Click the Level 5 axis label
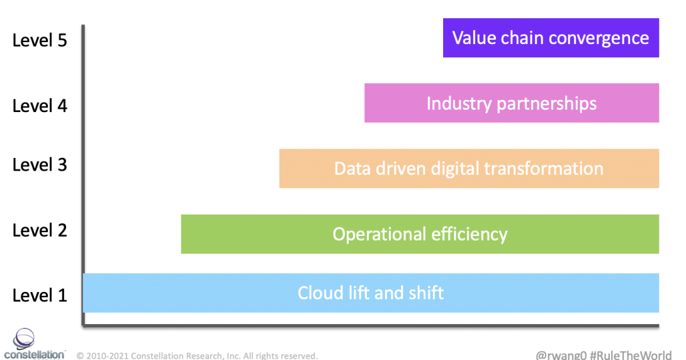(x=40, y=40)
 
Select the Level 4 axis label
(x=40, y=105)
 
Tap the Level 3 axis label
(x=40, y=165)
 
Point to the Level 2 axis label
(x=40, y=230)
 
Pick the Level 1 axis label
(x=40, y=295)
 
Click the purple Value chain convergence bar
(x=551, y=38)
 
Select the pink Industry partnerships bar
(x=511, y=103)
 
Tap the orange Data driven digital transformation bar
(x=469, y=169)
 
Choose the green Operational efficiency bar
(x=420, y=234)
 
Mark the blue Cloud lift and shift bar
(x=371, y=293)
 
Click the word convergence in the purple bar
(x=599, y=38)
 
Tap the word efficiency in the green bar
(x=470, y=234)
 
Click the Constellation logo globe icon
(x=25, y=339)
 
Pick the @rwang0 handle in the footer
(x=561, y=353)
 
